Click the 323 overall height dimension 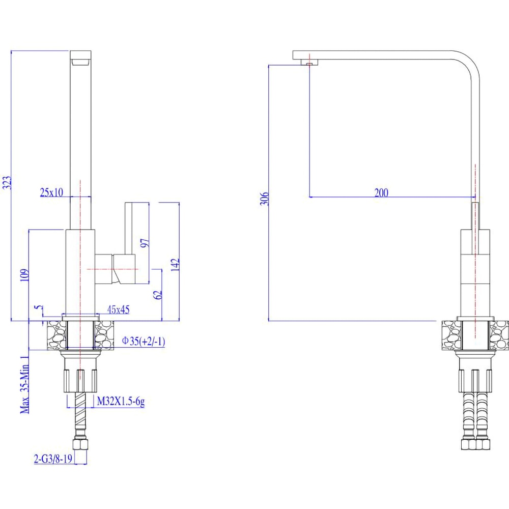click(x=7, y=183)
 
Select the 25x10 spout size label click(x=51, y=192)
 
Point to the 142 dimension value click(x=175, y=265)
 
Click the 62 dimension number click(x=157, y=295)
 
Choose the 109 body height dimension click(x=24, y=275)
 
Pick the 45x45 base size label click(x=119, y=309)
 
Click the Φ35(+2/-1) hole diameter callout click(x=144, y=341)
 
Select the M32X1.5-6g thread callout click(x=121, y=402)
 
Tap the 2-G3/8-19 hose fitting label click(x=53, y=459)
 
